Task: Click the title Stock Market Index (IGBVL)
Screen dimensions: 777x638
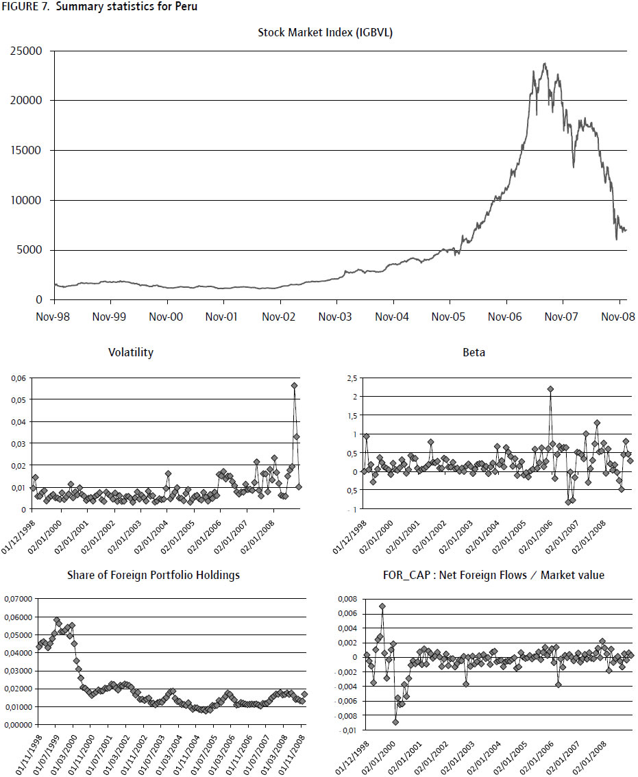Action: pos(325,32)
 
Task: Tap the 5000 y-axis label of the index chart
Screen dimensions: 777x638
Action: pos(29,250)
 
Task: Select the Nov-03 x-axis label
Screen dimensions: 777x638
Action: pos(336,317)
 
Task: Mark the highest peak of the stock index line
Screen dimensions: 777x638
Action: pos(545,64)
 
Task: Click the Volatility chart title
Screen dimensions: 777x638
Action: pos(130,353)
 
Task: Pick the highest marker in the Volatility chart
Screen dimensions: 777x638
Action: pos(294,386)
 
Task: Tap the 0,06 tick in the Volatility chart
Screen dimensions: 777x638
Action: pos(19,378)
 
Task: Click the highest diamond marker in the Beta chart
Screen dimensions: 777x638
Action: pos(550,389)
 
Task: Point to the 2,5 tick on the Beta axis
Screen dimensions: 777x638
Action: pos(352,378)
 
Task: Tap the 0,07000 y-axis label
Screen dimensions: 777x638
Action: pos(18,599)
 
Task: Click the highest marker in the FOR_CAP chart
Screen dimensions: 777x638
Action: pos(382,606)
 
